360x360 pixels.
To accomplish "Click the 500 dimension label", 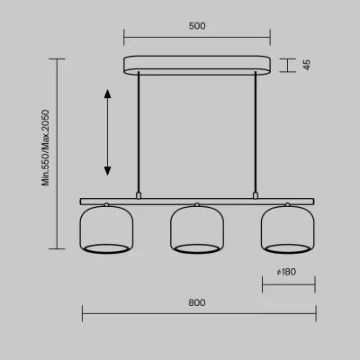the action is point(197,26).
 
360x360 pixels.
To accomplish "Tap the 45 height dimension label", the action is point(307,65).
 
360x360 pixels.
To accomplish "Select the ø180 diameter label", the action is point(286,272).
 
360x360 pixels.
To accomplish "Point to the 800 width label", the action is point(197,302).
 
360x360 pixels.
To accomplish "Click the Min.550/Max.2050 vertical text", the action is point(45,148).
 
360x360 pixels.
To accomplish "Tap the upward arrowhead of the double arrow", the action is point(107,94).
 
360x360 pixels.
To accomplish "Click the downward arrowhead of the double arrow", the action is point(107,171).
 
